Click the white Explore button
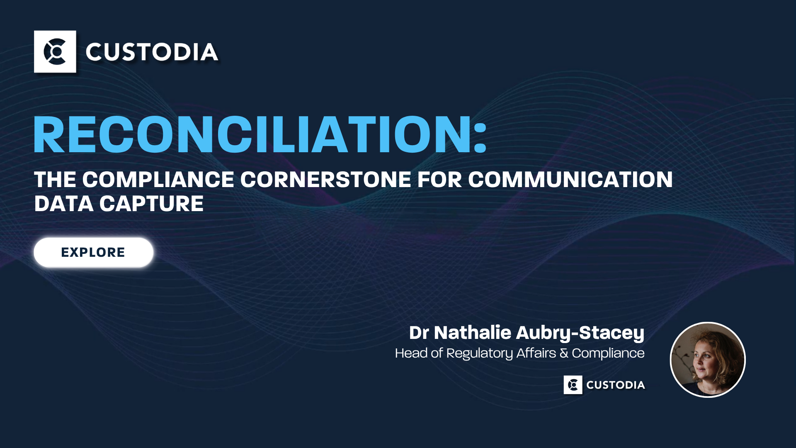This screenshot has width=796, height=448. [94, 252]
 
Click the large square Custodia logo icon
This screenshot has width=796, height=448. [55, 51]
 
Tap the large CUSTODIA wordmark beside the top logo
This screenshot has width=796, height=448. [152, 52]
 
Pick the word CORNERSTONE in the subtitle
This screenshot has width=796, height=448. [326, 180]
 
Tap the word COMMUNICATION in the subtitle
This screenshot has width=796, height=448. [570, 180]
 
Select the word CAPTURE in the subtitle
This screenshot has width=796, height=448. [151, 204]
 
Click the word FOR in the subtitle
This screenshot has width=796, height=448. [439, 180]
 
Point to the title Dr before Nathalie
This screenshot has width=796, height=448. [419, 333]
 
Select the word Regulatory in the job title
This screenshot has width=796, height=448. [480, 353]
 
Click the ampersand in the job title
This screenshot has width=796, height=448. [564, 353]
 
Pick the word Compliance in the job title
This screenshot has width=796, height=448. [608, 353]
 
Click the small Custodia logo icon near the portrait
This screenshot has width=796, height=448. [573, 385]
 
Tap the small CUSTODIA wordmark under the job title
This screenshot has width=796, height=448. [616, 385]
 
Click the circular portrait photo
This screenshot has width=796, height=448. [708, 360]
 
